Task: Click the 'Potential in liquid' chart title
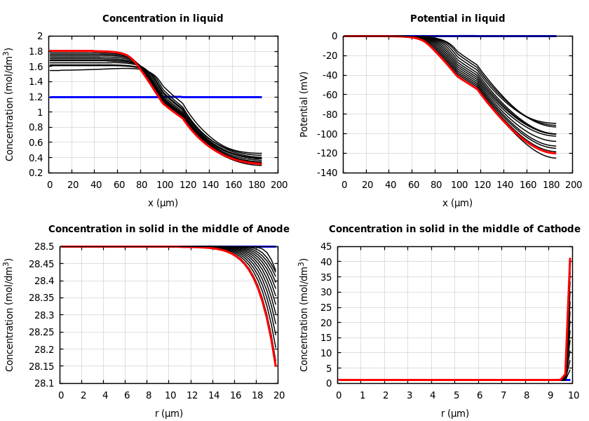(x=457, y=19)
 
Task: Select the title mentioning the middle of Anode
(x=168, y=229)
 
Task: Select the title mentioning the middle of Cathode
(x=454, y=229)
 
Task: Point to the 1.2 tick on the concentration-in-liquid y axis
(x=36, y=97)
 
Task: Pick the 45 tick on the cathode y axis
(x=326, y=246)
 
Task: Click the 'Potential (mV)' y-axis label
(x=304, y=104)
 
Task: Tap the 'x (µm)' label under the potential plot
(x=457, y=203)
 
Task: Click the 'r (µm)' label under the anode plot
(x=169, y=413)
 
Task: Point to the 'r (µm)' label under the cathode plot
(x=455, y=413)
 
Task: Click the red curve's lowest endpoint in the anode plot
(x=276, y=366)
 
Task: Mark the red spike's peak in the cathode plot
(x=570, y=259)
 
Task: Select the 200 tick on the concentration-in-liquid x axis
(x=278, y=185)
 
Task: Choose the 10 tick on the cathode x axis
(x=574, y=395)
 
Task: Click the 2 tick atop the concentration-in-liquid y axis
(x=40, y=36)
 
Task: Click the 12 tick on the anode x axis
(x=191, y=395)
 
